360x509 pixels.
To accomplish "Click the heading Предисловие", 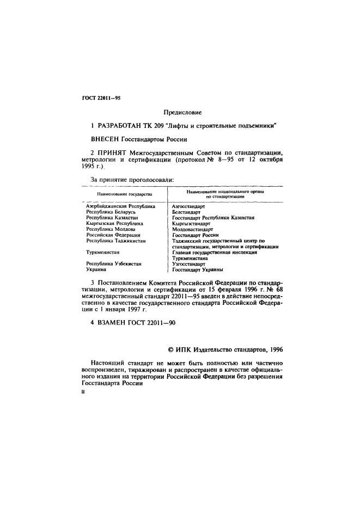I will point(179,113).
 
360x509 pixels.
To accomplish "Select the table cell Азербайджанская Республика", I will point(120,207).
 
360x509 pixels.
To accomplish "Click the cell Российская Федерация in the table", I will point(113,235).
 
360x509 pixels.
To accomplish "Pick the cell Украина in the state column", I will point(97,269).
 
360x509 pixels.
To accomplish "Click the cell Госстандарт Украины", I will point(198,269).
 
